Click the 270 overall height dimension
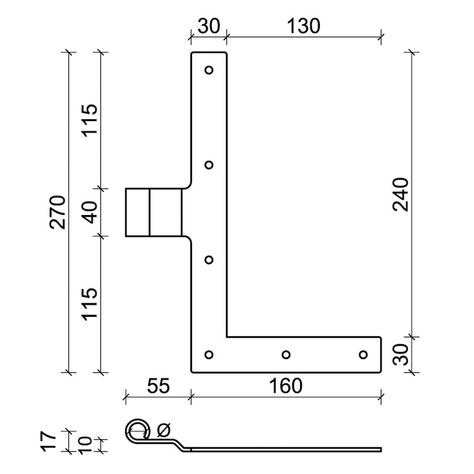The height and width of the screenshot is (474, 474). pos(57,212)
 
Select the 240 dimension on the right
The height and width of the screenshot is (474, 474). pos(401,195)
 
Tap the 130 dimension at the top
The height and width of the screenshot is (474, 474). pos(303,26)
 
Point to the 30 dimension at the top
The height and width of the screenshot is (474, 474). pos(209,26)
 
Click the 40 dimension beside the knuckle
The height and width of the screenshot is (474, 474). pos(91,212)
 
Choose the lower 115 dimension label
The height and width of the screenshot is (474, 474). pos(90,304)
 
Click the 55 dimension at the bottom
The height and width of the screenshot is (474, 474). pos(158,386)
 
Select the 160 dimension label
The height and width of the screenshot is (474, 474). pos(286,386)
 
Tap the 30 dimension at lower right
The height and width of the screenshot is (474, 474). pos(401,354)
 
